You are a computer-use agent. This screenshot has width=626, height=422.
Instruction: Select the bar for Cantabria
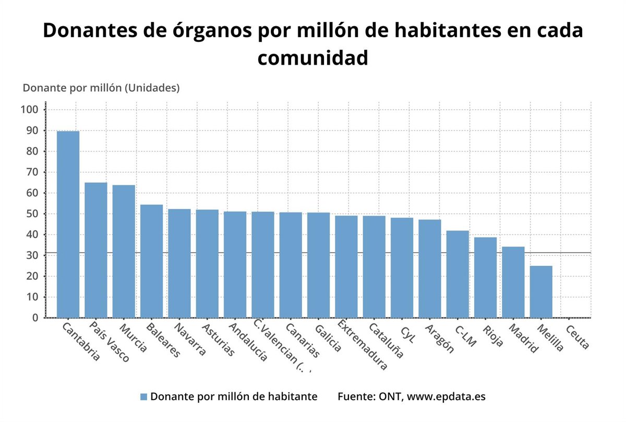(68, 225)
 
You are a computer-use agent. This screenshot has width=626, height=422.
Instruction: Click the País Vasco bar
(96, 250)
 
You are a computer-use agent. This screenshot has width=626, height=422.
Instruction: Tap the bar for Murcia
(124, 251)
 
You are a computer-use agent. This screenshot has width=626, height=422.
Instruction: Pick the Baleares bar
(151, 261)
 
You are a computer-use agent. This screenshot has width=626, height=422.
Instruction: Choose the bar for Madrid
(513, 282)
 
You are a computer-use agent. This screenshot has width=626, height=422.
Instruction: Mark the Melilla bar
(541, 292)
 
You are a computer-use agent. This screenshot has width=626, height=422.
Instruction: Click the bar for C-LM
(458, 274)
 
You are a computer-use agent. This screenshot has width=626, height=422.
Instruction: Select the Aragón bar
(430, 268)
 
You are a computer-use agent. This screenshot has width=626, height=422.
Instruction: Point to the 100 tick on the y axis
(30, 110)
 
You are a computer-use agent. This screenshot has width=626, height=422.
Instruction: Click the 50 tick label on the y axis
(32, 214)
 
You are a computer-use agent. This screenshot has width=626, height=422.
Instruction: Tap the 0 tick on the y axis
(35, 318)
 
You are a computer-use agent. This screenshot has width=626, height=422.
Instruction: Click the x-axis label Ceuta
(577, 337)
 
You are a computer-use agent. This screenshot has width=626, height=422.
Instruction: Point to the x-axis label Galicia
(328, 338)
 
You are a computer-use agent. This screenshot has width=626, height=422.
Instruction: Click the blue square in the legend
(144, 397)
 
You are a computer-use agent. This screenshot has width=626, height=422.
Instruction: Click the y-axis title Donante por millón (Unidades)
(101, 88)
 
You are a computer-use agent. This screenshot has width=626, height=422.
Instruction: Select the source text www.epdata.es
(446, 396)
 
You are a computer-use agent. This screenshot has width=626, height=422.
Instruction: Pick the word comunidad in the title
(312, 57)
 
